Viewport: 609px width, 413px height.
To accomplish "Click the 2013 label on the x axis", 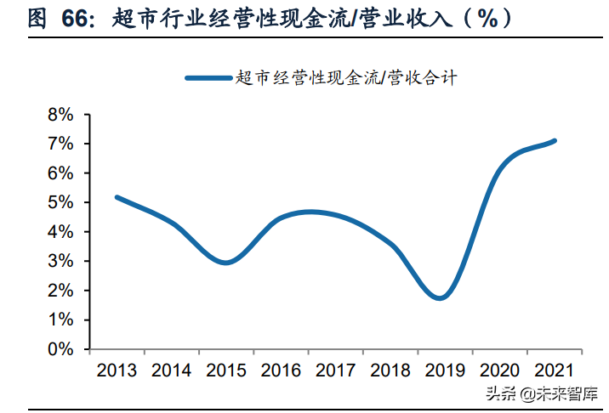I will tap(117, 371).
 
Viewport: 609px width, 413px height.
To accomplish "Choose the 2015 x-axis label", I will tap(225, 371).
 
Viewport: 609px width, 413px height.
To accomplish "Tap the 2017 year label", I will tap(334, 371).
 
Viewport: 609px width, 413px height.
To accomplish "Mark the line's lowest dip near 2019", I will tap(440, 297).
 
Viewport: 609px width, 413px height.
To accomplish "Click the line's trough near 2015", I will tap(225, 263).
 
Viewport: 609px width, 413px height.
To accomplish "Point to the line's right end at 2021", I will tap(555, 140).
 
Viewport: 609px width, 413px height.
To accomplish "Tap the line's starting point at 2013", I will tap(117, 197).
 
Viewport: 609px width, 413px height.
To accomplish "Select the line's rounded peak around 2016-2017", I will tap(310, 212).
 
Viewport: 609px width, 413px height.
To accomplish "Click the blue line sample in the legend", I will tap(208, 78).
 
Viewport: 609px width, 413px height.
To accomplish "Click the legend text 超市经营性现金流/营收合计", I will tap(345, 78).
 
